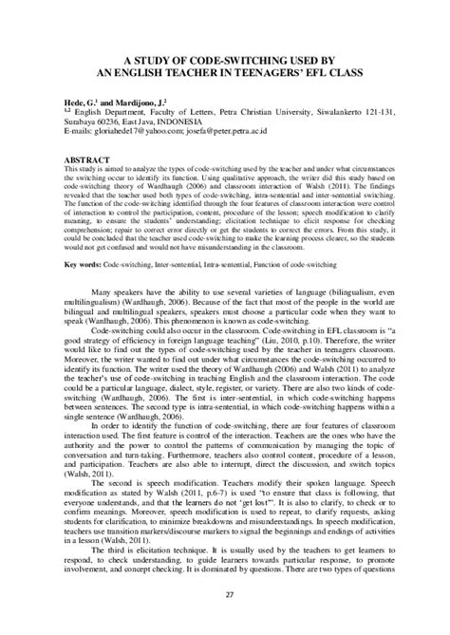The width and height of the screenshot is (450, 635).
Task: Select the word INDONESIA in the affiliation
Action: pos(199,121)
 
